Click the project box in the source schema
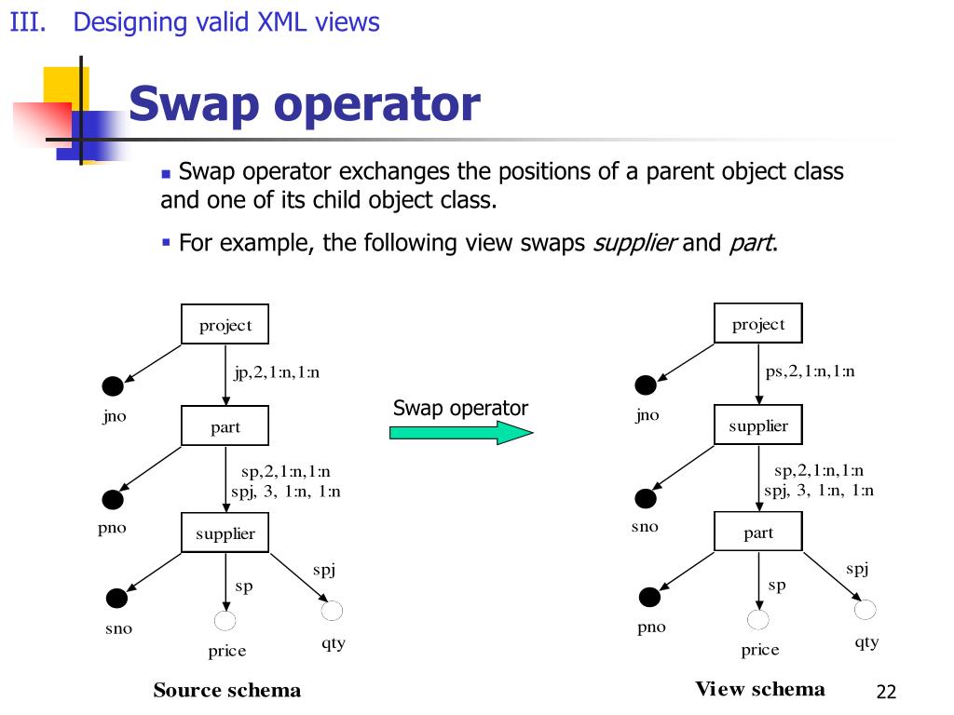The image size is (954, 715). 225,325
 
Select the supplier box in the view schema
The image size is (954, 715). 758,425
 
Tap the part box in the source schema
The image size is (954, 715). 225,426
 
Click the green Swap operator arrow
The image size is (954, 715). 460,432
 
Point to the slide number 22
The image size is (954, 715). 886,692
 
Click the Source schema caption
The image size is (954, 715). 226,690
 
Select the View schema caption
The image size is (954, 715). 759,689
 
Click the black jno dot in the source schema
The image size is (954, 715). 113,386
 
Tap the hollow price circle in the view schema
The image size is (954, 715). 758,620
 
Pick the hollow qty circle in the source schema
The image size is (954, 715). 333,611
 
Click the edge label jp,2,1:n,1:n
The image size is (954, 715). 277,373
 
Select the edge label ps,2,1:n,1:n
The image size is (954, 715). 810,371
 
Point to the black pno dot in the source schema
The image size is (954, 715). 113,500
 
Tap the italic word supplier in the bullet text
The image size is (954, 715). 634,244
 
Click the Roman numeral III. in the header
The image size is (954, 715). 29,22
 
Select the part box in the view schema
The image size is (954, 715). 758,533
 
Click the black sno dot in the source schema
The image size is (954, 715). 117,598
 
